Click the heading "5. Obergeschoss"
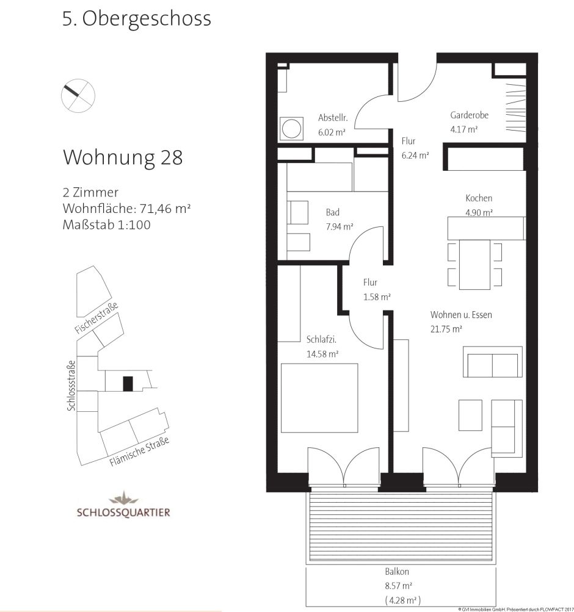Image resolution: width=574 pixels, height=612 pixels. tap(136, 19)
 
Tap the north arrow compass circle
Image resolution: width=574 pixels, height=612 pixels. tap(79, 95)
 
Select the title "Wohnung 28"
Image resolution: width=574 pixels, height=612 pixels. tap(123, 157)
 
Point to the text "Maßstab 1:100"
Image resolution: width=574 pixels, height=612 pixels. tap(106, 225)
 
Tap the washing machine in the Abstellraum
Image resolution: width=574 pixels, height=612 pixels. tap(291, 129)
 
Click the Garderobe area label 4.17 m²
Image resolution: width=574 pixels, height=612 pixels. tap(463, 129)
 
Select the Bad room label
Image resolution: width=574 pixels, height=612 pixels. tap(332, 213)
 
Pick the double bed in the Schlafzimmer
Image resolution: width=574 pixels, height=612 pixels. tap(319, 397)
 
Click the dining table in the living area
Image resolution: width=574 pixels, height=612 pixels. tap(474, 264)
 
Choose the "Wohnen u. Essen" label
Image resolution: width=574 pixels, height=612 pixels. tap(460, 315)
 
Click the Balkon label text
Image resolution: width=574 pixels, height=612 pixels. tap(396, 573)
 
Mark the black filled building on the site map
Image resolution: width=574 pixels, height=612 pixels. tap(127, 384)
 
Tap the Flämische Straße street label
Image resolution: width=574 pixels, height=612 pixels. tap(139, 453)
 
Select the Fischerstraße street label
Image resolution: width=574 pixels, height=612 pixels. tap(96, 318)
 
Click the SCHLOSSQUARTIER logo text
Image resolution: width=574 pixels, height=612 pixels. tap(123, 512)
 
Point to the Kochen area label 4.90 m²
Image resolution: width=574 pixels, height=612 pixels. tap(479, 212)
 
